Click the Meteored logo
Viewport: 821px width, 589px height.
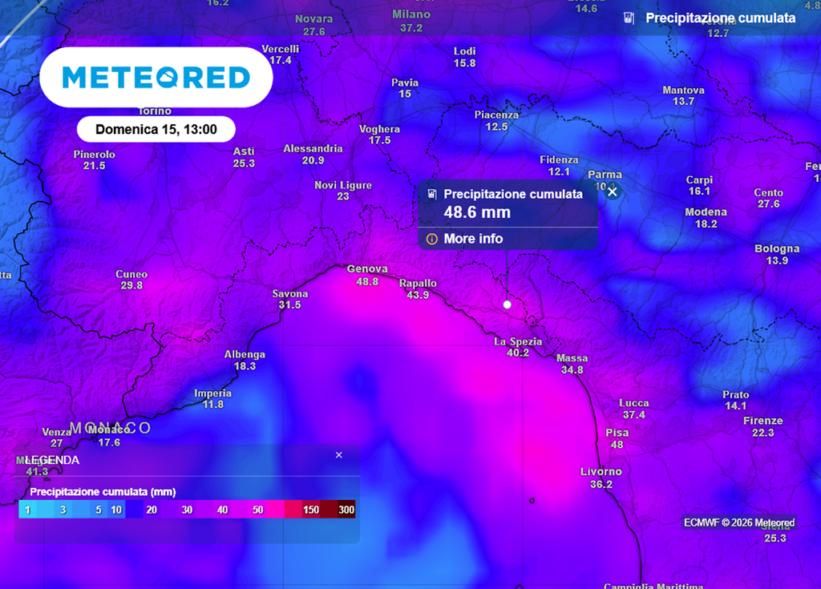click(x=156, y=77)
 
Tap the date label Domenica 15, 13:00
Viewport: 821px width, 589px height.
click(x=156, y=129)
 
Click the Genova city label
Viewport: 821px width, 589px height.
click(x=367, y=269)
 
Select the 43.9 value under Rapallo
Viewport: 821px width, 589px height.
click(x=418, y=295)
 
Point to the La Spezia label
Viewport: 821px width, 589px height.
click(x=518, y=341)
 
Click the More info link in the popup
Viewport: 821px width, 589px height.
click(x=473, y=239)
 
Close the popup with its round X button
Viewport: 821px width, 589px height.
click(x=613, y=192)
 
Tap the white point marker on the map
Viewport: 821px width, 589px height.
click(x=507, y=305)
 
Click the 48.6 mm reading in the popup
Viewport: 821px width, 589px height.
click(x=477, y=212)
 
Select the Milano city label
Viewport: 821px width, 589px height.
click(x=411, y=14)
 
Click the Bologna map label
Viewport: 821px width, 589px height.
click(x=777, y=249)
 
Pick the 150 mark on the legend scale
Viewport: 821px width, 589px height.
click(x=311, y=510)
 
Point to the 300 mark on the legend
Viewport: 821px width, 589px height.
click(x=346, y=510)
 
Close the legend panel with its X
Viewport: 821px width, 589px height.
click(x=338, y=455)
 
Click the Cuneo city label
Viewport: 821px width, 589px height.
click(x=131, y=274)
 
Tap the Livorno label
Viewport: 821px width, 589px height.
click(x=601, y=471)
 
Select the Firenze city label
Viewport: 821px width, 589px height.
click(x=762, y=421)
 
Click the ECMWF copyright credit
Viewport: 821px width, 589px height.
click(x=738, y=522)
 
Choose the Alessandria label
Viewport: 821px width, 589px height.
click(x=313, y=148)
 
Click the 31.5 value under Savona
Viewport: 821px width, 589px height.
click(x=289, y=305)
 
